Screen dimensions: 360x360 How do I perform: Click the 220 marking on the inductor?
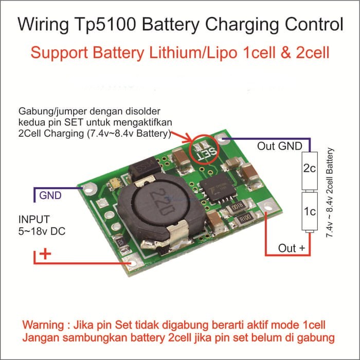[163, 202]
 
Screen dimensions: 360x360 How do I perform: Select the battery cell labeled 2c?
[310, 171]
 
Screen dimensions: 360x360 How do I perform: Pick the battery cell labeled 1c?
[310, 211]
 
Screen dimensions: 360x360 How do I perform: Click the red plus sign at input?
[45, 254]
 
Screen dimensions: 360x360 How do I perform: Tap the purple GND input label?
[50, 195]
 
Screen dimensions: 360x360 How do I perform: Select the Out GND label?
[279, 146]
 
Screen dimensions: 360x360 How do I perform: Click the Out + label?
[292, 248]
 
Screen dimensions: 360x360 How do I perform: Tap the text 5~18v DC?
[42, 231]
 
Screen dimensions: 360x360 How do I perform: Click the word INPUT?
[34, 220]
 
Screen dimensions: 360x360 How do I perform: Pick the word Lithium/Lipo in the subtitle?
[193, 53]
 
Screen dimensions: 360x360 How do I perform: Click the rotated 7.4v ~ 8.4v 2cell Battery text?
[330, 193]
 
